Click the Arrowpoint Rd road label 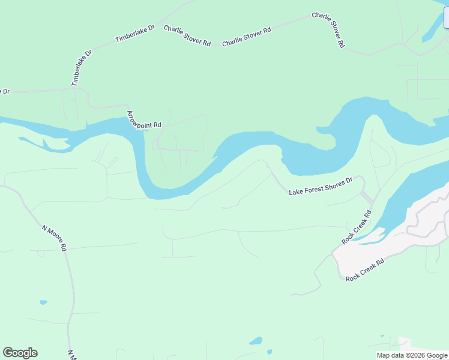(145, 120)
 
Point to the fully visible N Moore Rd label (55, 238)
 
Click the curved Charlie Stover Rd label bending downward (328, 30)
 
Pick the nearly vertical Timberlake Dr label (82, 68)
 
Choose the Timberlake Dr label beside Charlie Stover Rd (135, 34)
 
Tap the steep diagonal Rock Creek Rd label (357, 226)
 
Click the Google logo (20, 353)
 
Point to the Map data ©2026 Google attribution (412, 355)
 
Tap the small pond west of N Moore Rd (43, 302)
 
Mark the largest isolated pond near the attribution (256, 341)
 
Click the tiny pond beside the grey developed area (382, 335)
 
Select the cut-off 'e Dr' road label (5, 91)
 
